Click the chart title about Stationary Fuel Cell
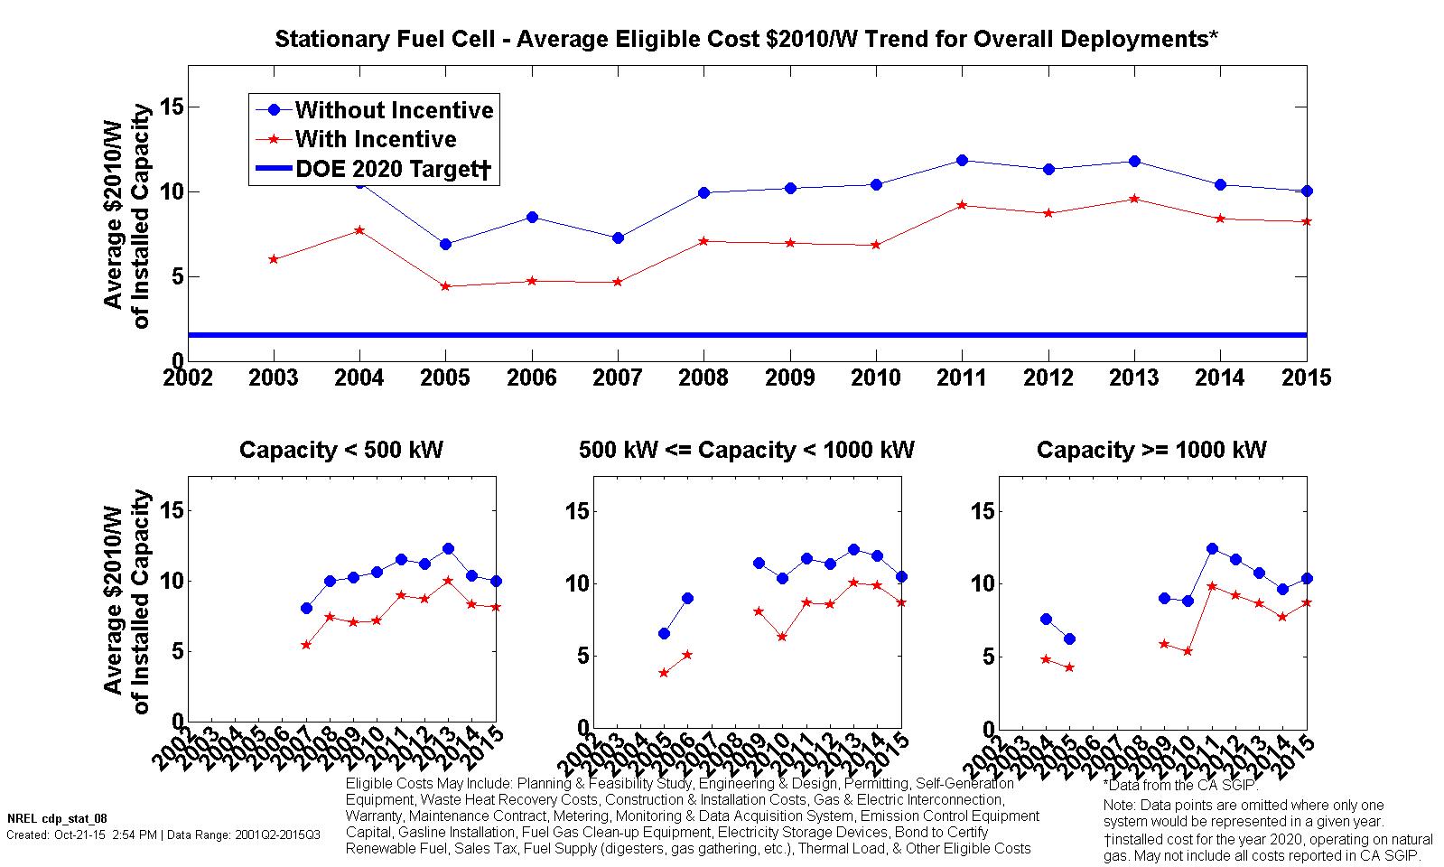[747, 40]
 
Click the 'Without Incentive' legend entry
[394, 110]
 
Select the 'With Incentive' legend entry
[376, 139]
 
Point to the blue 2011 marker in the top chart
[962, 161]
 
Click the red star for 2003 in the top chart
[274, 259]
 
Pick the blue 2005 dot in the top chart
[445, 244]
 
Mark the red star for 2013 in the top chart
[1134, 199]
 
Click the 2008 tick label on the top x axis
[703, 378]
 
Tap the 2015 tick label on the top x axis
[1306, 378]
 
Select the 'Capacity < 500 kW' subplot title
[341, 450]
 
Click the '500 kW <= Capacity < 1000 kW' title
[747, 450]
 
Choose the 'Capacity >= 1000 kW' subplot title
[1151, 450]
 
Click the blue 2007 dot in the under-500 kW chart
[306, 609]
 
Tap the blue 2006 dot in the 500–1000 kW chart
[687, 598]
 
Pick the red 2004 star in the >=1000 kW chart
[1046, 659]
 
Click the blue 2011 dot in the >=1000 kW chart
[1212, 548]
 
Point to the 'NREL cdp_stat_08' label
[44, 818]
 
